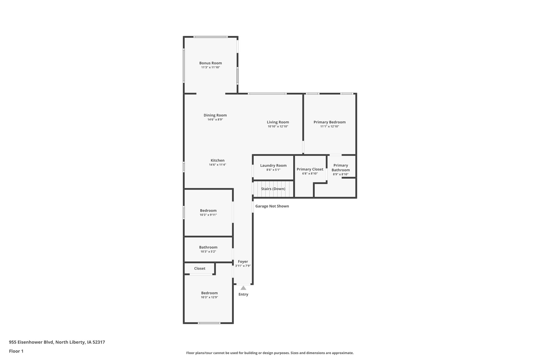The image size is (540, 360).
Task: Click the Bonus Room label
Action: click(210, 63)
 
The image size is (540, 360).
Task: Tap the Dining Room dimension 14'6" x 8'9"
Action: click(215, 119)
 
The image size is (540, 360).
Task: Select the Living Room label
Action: click(278, 122)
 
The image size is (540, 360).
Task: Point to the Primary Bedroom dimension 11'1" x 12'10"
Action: click(330, 126)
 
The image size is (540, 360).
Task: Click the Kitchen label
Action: click(218, 160)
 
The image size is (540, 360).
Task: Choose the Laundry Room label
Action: click(273, 165)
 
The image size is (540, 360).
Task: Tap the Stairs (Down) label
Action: click(273, 189)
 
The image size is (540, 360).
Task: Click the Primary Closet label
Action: click(310, 169)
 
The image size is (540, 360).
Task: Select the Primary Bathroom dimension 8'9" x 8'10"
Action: click(341, 174)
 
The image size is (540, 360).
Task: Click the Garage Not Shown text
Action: click(272, 206)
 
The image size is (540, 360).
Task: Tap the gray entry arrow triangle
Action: click(243, 288)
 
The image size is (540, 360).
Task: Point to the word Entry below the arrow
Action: click(243, 294)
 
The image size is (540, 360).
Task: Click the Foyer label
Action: click(243, 262)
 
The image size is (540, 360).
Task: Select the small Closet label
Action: click(200, 268)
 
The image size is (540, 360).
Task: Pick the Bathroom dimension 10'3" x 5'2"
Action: click(208, 252)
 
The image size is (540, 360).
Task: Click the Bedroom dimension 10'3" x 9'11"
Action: click(208, 215)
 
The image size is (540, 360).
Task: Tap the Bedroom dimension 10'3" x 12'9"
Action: click(209, 297)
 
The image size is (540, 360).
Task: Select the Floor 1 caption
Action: click(16, 351)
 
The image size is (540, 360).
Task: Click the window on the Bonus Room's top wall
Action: click(210, 37)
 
